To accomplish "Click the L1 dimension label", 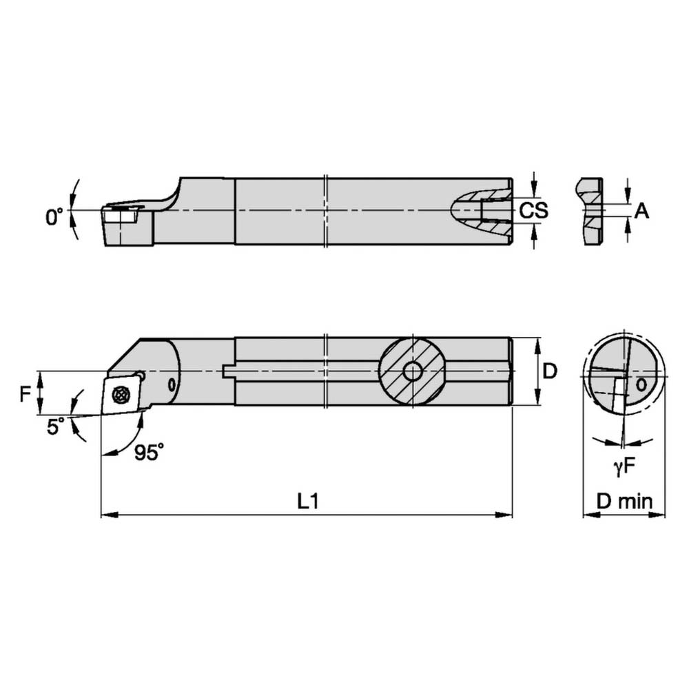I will (307, 502).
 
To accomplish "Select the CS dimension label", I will (533, 210).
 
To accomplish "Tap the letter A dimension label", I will (641, 211).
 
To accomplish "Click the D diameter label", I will (549, 371).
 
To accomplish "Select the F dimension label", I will (25, 394).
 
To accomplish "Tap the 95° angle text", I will (149, 453).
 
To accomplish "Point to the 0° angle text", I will (54, 218).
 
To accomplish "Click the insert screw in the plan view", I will (121, 394).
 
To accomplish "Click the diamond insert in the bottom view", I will (121, 394).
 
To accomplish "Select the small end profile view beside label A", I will (590, 211).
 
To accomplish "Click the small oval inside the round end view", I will (641, 385).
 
